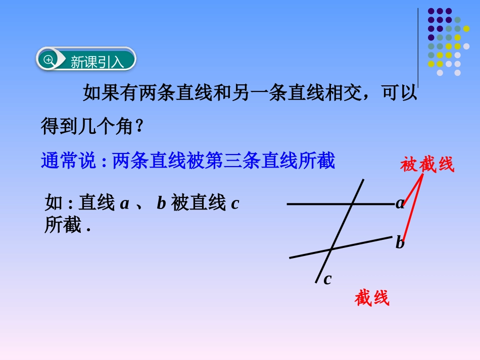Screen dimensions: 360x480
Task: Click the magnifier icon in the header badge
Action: point(49,60)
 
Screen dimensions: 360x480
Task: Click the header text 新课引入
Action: point(97,62)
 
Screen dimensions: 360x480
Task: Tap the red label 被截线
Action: point(427,164)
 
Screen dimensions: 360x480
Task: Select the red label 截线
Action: point(372,298)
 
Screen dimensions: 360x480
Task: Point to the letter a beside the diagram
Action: point(400,203)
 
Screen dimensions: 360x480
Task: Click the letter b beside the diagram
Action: point(400,243)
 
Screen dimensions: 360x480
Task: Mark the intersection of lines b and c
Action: point(331,249)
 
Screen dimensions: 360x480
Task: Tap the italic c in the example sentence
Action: point(234,203)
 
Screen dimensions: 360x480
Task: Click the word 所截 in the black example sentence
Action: point(62,225)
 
